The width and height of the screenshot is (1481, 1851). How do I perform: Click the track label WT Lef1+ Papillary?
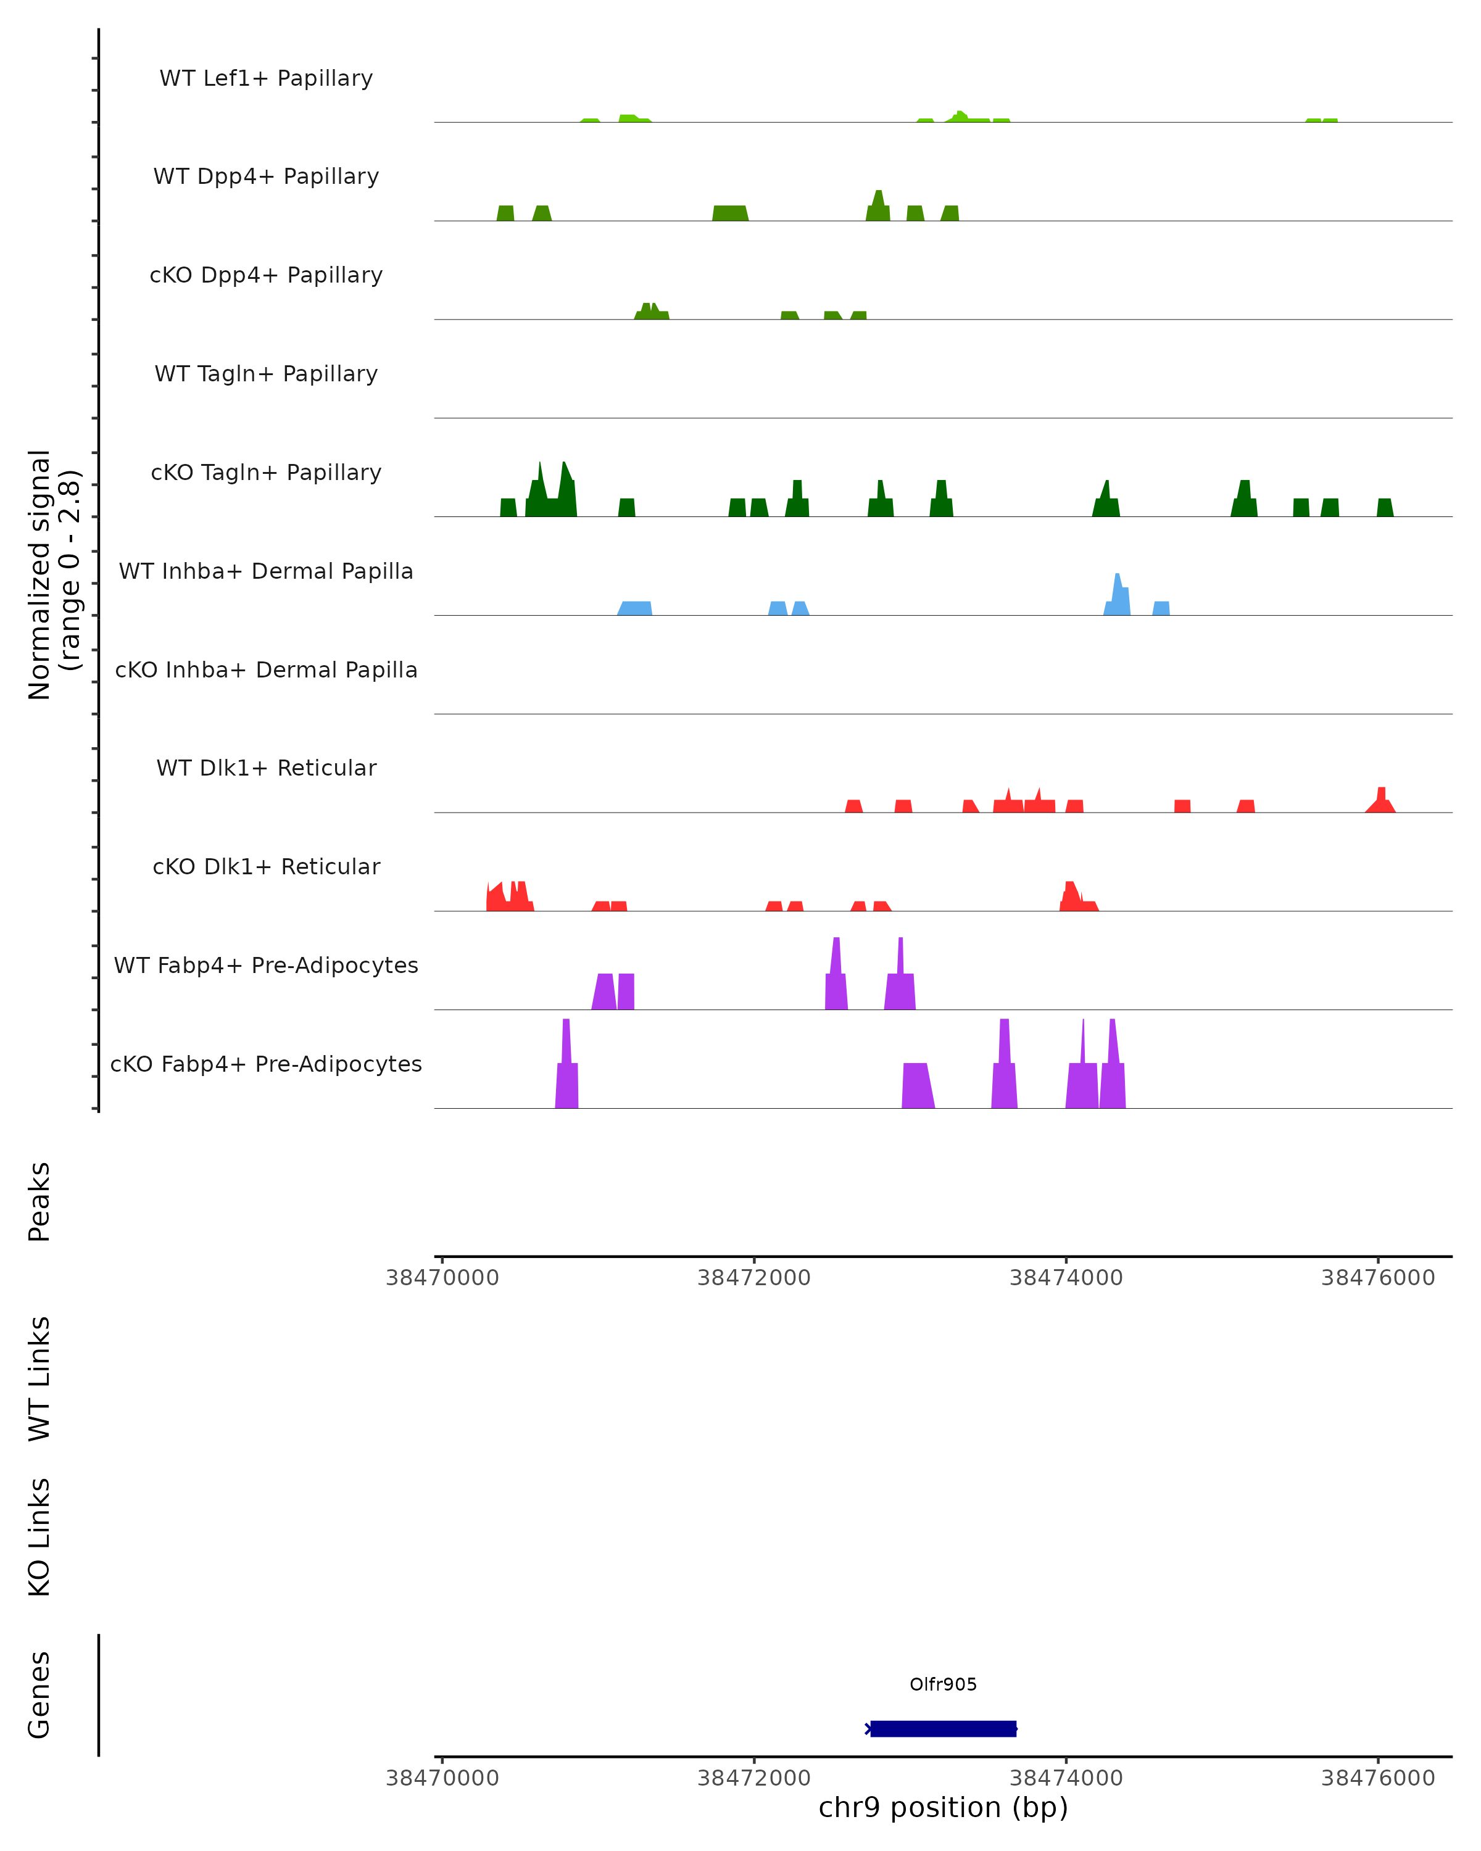pos(266,78)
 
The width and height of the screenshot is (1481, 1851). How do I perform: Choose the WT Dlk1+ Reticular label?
pos(266,768)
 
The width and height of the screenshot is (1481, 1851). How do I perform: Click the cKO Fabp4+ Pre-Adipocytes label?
pos(266,1064)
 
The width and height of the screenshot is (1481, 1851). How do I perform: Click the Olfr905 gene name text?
pos(943,1684)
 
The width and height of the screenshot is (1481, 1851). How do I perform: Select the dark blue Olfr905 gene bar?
pos(943,1728)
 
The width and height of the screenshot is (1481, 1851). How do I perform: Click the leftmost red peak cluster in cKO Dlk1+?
pos(508,898)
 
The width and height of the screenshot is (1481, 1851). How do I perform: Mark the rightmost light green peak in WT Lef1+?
pos(1321,120)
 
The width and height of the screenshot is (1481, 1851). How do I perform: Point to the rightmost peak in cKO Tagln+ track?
pos(1385,507)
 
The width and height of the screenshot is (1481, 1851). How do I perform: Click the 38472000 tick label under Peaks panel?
pos(754,1278)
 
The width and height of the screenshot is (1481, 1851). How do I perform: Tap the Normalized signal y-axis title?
pos(53,574)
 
